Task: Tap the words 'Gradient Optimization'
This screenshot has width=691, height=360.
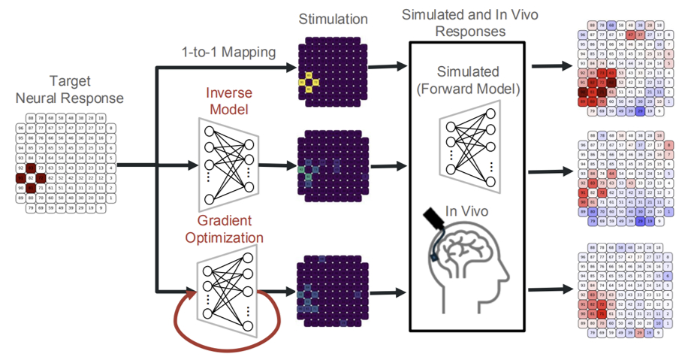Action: tap(230, 229)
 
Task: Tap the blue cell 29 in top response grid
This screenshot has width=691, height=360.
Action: tap(639, 110)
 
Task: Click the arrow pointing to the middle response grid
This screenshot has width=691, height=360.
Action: tap(552, 172)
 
